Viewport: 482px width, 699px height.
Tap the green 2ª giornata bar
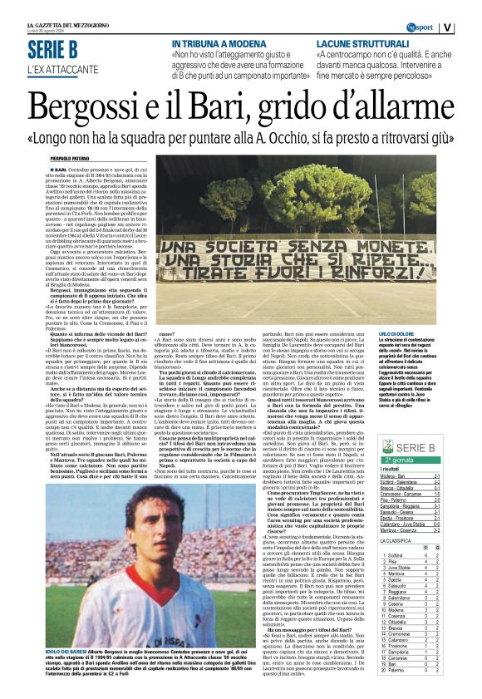[x=421, y=459]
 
